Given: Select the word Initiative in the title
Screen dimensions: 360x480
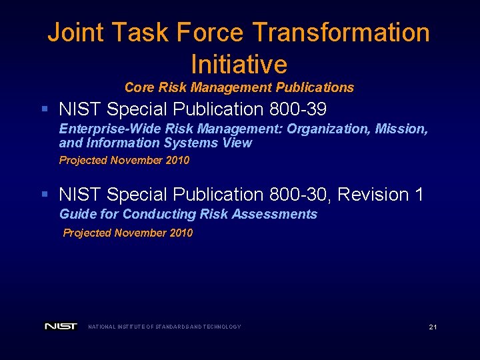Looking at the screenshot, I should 239,64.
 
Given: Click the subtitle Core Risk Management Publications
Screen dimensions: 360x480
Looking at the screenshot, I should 239,87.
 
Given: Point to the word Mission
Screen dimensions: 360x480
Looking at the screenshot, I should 402,128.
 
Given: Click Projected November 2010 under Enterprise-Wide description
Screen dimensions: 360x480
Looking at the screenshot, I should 124,160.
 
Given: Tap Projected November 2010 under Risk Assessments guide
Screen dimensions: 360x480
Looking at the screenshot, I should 127,233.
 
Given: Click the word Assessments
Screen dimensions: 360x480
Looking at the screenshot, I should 279,214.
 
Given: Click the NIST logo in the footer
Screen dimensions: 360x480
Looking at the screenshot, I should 61,327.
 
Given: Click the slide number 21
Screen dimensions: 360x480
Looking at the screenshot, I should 433,327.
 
